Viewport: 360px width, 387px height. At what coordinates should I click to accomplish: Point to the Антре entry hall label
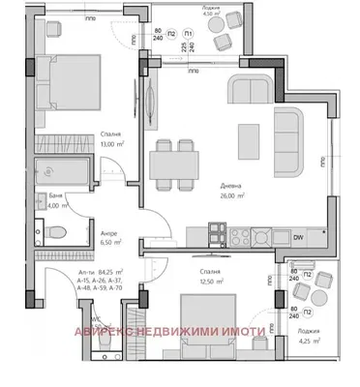[108, 232]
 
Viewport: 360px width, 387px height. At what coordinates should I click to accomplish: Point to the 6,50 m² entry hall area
[108, 244]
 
